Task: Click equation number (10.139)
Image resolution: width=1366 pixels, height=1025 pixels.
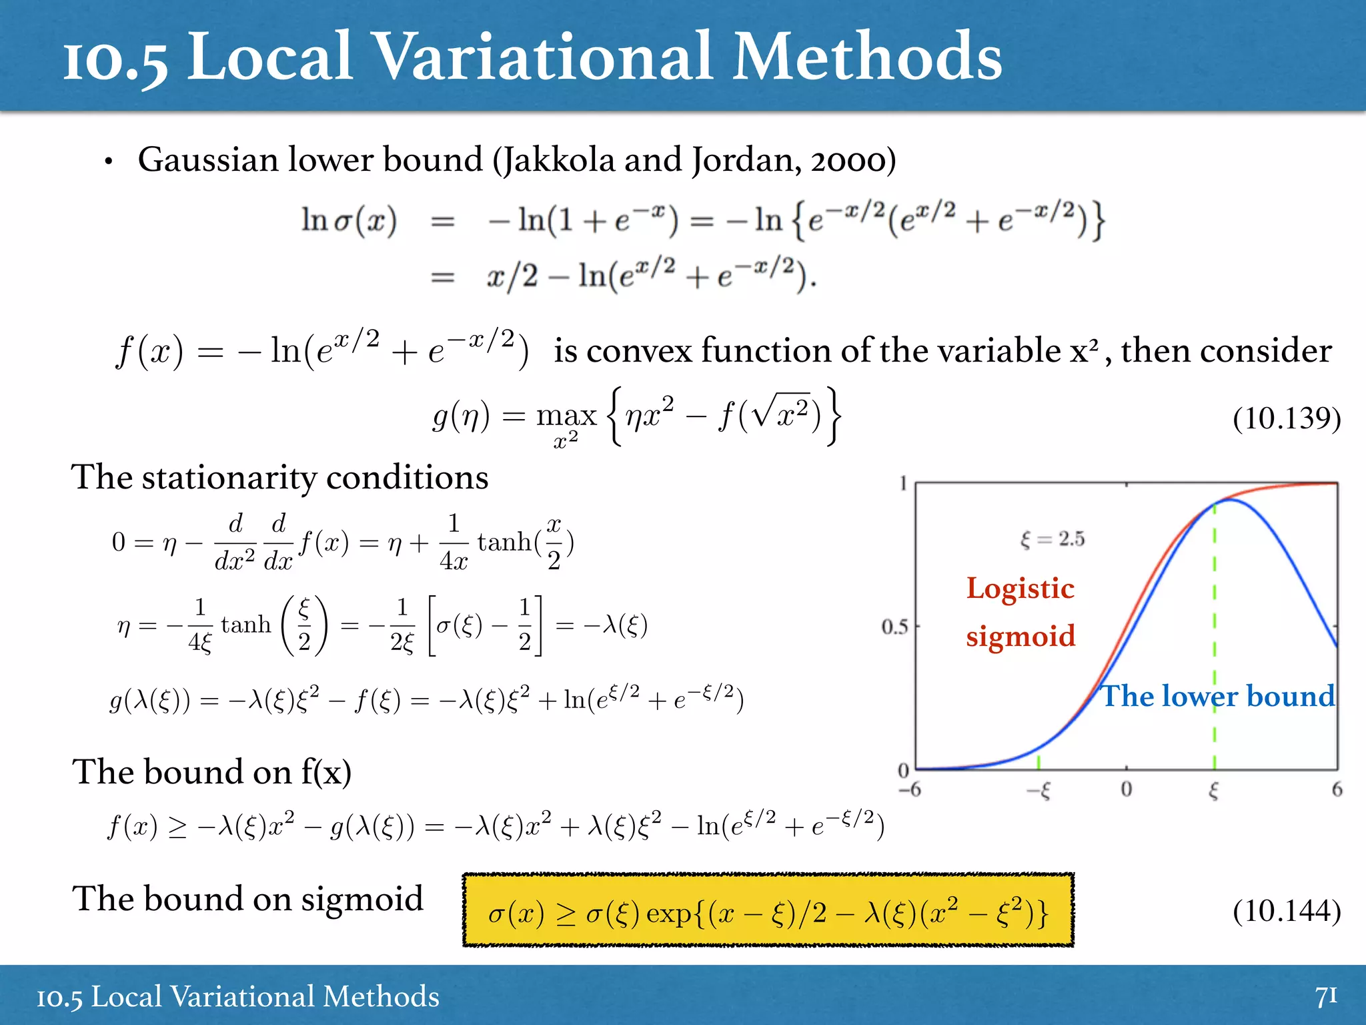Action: [x=1286, y=418]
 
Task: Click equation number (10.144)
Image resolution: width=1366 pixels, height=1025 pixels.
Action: [x=1286, y=910]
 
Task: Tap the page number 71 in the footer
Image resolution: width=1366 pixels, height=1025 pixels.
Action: [x=1326, y=996]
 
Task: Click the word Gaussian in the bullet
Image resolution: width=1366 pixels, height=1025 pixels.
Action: [x=207, y=160]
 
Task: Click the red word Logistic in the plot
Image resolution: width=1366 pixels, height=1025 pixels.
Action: [x=1020, y=589]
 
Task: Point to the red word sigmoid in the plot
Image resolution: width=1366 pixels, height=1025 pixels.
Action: [x=1020, y=636]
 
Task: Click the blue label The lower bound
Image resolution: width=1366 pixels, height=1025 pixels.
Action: [x=1217, y=696]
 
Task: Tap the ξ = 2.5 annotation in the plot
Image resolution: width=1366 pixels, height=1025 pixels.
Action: [x=1052, y=539]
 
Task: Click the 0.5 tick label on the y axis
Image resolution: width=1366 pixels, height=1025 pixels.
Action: [x=894, y=627]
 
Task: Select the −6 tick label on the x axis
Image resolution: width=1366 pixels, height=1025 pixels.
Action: [x=909, y=790]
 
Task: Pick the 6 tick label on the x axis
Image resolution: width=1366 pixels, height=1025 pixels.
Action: [x=1337, y=790]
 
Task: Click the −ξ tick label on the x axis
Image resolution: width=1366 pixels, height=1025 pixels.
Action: [x=1039, y=791]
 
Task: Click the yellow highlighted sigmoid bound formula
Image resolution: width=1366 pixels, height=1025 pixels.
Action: [x=767, y=911]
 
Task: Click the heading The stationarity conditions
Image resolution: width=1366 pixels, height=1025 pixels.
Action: [x=279, y=477]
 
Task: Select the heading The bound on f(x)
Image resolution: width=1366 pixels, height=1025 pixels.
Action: [x=211, y=772]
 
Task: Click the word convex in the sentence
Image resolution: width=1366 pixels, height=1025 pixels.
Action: [x=639, y=351]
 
